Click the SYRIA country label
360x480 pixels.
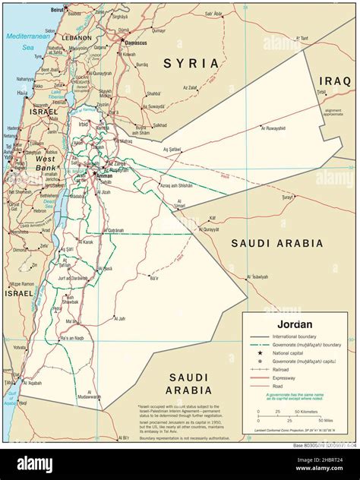pyautogui.click(x=191, y=63)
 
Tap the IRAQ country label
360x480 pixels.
pyautogui.click(x=334, y=80)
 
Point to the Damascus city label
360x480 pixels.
pyautogui.click(x=133, y=43)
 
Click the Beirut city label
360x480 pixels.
pyautogui.click(x=57, y=9)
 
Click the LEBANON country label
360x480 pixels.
pyautogui.click(x=77, y=37)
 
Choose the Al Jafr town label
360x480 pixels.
pyautogui.click(x=119, y=319)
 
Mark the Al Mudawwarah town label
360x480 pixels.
pyautogui.click(x=88, y=396)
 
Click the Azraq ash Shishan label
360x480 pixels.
pyautogui.click(x=175, y=185)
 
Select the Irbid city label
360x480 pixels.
pyautogui.click(x=83, y=124)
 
